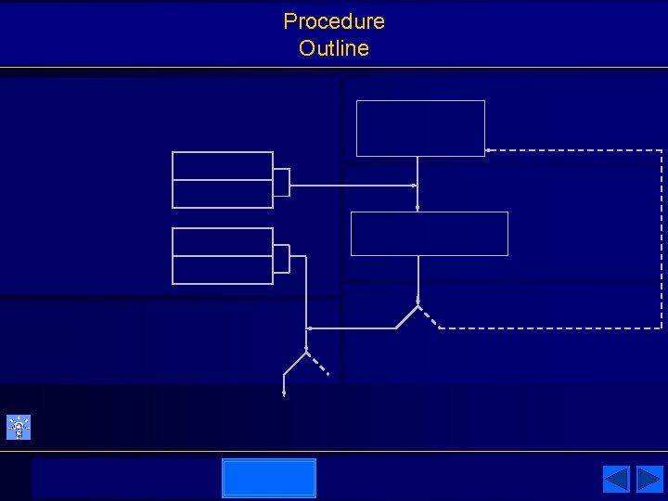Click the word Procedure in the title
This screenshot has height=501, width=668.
[x=334, y=21]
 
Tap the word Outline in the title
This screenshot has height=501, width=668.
[x=334, y=48]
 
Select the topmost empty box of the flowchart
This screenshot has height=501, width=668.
[x=420, y=128]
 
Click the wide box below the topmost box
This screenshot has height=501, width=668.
[x=429, y=233]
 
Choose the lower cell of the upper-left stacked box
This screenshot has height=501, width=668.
[x=223, y=194]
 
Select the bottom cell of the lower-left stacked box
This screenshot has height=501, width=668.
[x=223, y=270]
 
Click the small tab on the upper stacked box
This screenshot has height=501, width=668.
[x=281, y=182]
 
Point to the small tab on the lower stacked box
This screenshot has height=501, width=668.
[x=281, y=258]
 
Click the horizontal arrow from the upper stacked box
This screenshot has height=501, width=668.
[x=353, y=185]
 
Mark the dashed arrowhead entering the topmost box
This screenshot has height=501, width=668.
[x=489, y=150]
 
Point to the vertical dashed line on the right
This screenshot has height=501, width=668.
[x=662, y=239]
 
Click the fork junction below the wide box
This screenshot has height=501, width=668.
[x=418, y=305]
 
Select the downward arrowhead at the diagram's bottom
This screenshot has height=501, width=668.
[x=284, y=392]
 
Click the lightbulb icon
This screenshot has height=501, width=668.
[x=19, y=427]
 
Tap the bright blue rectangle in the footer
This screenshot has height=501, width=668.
[x=269, y=478]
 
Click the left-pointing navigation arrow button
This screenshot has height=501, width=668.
[x=616, y=479]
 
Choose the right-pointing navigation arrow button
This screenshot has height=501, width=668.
[x=649, y=479]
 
